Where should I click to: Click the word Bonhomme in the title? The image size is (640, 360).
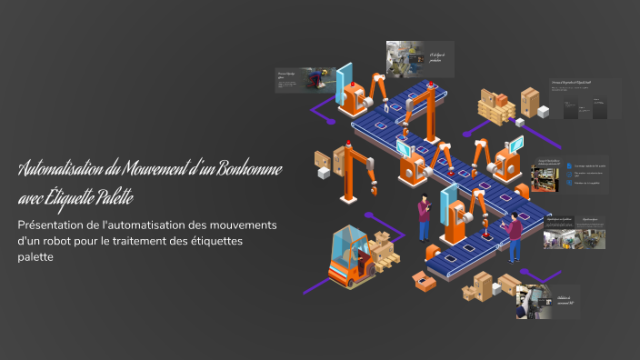tap(245, 171)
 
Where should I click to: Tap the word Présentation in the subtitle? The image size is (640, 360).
tap(54, 225)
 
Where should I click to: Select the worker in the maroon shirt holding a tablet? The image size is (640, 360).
tap(424, 218)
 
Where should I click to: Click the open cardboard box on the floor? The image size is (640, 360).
tap(421, 280)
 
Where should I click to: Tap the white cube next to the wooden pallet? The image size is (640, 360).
tap(543, 112)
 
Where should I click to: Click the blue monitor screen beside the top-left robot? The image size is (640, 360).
tap(343, 83)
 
